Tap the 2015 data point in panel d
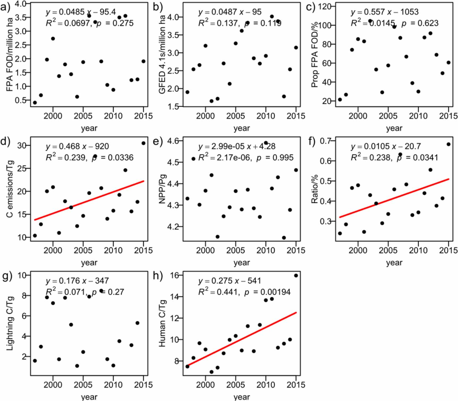143,143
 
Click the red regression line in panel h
242,339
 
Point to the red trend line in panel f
394,198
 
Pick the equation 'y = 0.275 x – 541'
229,281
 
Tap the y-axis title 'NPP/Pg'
162,189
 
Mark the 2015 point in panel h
296,276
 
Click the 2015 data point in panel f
448,144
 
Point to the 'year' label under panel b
241,128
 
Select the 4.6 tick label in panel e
173,141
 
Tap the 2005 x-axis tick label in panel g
83,385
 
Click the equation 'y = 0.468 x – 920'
77,146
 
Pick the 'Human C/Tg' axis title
162,323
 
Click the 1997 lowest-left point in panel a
35,103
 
